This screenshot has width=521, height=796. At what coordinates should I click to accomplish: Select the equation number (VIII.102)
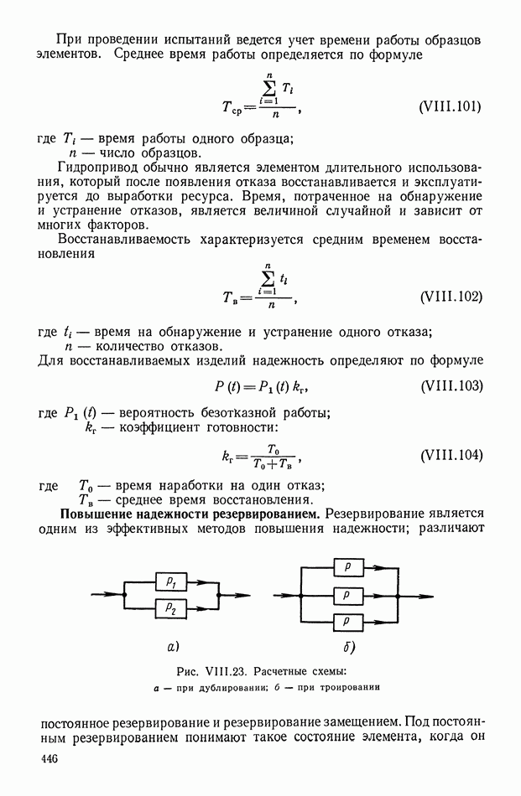tap(450, 298)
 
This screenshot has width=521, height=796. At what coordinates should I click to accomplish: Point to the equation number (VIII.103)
tap(450, 387)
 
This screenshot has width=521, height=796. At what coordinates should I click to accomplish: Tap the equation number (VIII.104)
tap(450, 456)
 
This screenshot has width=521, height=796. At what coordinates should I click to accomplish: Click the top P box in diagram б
tap(347, 567)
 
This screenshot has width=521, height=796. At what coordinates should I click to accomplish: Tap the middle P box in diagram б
tap(347, 594)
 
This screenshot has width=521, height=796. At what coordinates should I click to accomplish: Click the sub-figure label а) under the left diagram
tap(173, 647)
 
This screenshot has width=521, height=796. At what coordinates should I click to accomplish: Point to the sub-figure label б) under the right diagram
tap(349, 647)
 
